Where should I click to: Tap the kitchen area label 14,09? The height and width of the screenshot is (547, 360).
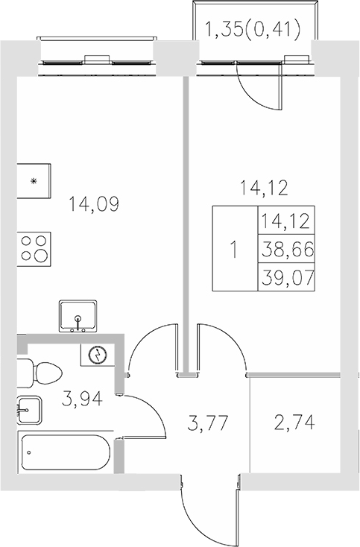(x=93, y=203)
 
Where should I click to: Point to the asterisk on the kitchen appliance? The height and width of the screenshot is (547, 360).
(x=33, y=181)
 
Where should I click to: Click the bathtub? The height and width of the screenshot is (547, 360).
(x=65, y=452)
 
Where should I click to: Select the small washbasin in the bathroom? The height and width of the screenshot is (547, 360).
(x=28, y=409)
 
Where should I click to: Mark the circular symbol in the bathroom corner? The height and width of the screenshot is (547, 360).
(x=96, y=355)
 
